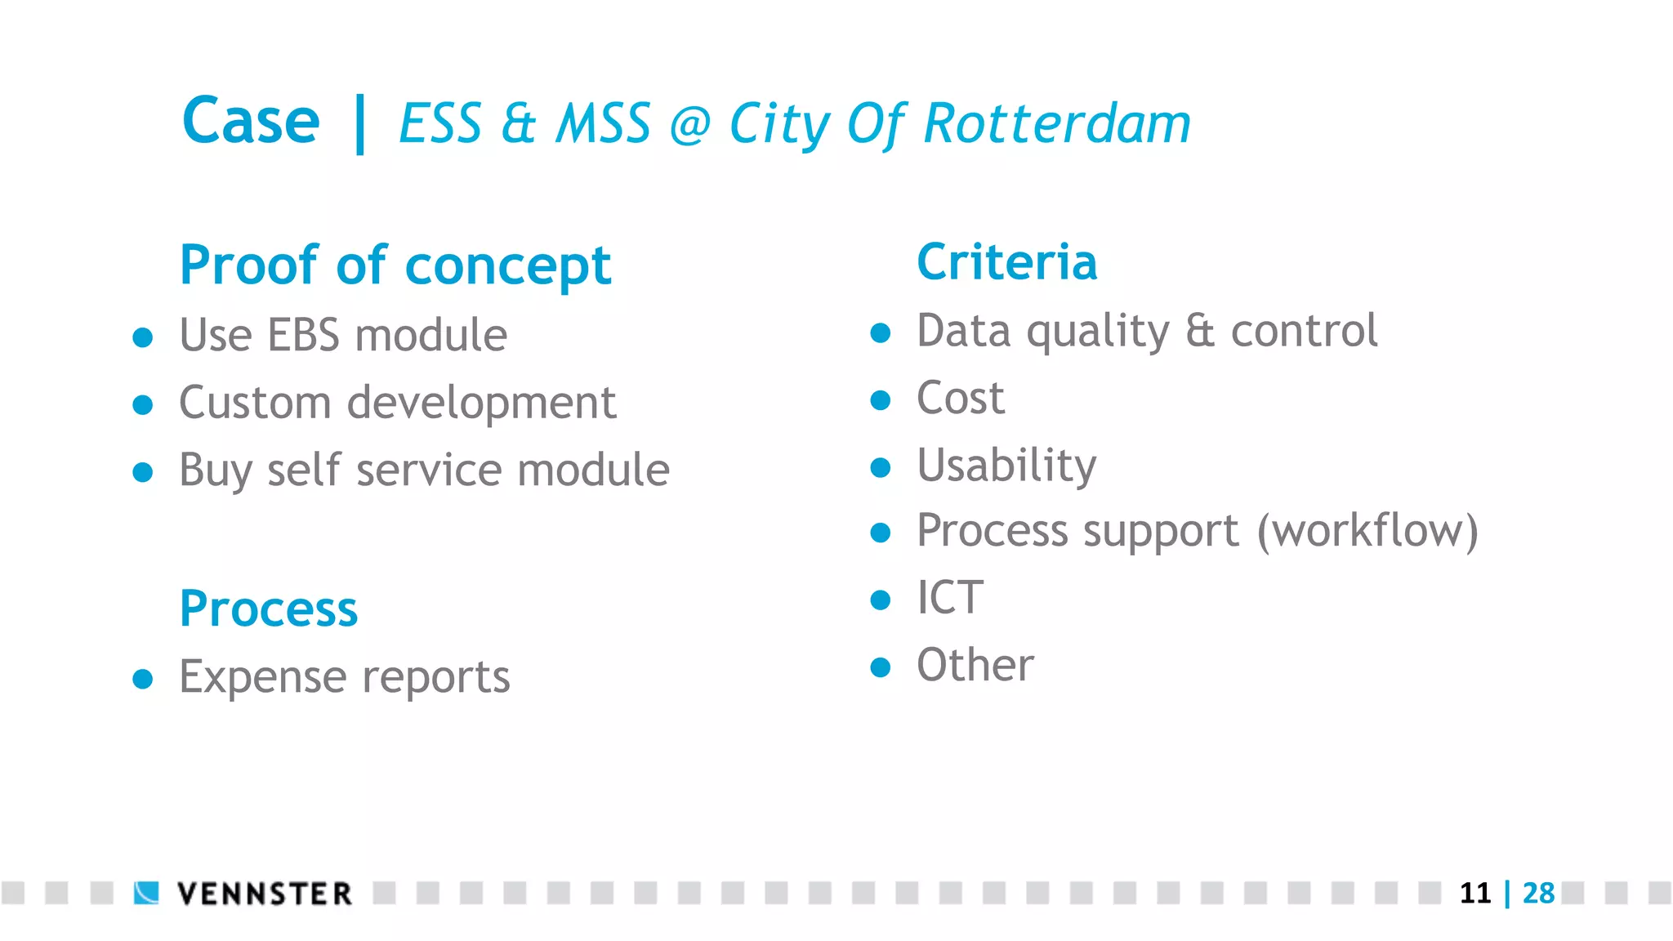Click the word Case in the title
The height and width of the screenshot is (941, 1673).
[x=251, y=122]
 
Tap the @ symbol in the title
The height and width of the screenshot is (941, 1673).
[x=690, y=126]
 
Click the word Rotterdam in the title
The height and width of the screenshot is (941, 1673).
[x=1057, y=124]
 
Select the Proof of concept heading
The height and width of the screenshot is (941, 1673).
[x=395, y=265]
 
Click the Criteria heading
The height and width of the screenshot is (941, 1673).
[x=1006, y=262]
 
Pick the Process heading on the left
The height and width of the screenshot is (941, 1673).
[x=269, y=609]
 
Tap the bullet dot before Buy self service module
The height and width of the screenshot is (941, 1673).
[x=143, y=472]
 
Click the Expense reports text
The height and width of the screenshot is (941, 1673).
[x=345, y=677]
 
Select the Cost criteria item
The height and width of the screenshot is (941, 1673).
[x=961, y=399]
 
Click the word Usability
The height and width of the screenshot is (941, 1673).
[x=1006, y=466]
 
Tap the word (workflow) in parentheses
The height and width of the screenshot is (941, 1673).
[x=1367, y=532]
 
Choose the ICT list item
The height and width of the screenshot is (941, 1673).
[x=950, y=598]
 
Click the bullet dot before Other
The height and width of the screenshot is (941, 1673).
[x=880, y=667]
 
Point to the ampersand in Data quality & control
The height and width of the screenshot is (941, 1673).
[x=1200, y=332]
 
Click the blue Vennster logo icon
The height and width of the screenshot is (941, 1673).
[x=146, y=893]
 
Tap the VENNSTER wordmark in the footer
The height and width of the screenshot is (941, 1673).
[x=265, y=894]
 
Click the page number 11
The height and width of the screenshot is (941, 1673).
[x=1475, y=893]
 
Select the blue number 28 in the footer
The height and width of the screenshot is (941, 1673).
[x=1539, y=893]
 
